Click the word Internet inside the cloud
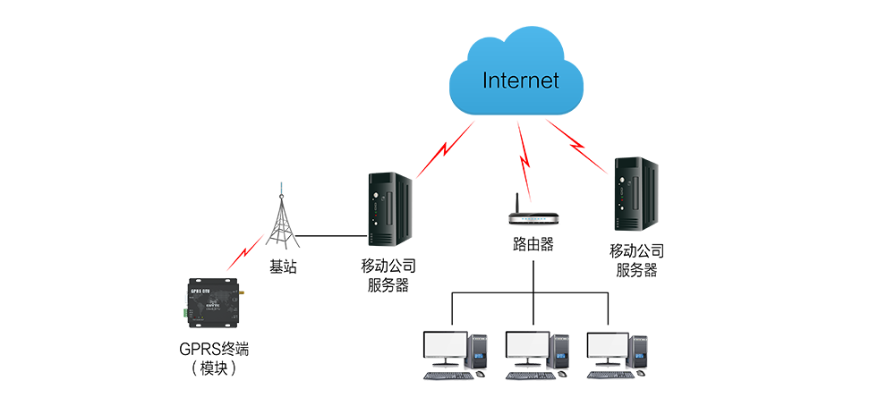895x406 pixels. pos(520,80)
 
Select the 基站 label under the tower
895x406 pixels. pos(283,266)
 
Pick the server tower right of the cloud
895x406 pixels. pos(635,194)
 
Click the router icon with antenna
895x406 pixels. pos(533,216)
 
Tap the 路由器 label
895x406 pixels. pos(533,244)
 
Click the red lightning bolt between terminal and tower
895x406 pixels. pos(244,253)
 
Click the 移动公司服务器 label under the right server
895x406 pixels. pos(636,260)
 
